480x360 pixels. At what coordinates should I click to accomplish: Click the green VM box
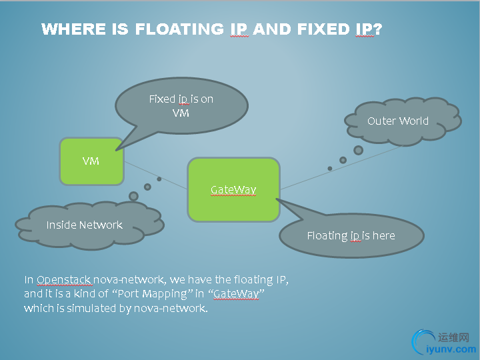click(x=91, y=161)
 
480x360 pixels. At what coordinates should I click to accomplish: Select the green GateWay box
click(x=233, y=190)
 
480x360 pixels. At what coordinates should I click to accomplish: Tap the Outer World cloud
click(x=397, y=121)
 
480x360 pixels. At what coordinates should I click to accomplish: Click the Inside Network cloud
click(x=84, y=225)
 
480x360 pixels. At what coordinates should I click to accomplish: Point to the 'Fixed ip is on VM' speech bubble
click(x=181, y=105)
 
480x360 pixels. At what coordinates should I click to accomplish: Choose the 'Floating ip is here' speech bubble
click(x=351, y=235)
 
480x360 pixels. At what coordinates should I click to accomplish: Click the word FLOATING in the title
click(x=179, y=29)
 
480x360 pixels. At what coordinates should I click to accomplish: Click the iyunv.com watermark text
click(x=451, y=349)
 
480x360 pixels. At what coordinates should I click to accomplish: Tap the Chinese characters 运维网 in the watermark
click(x=455, y=338)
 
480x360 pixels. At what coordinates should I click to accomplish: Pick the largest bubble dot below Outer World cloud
click(x=358, y=150)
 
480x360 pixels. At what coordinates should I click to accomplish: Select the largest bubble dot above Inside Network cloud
click(x=133, y=196)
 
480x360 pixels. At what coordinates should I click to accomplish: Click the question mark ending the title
click(x=377, y=29)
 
